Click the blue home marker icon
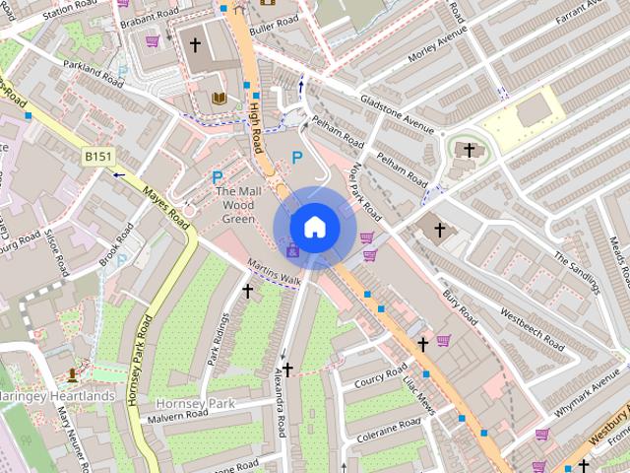314,227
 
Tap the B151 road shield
97,156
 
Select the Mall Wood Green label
237,204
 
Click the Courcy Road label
381,380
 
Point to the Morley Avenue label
437,45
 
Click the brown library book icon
219,98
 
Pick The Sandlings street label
576,272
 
